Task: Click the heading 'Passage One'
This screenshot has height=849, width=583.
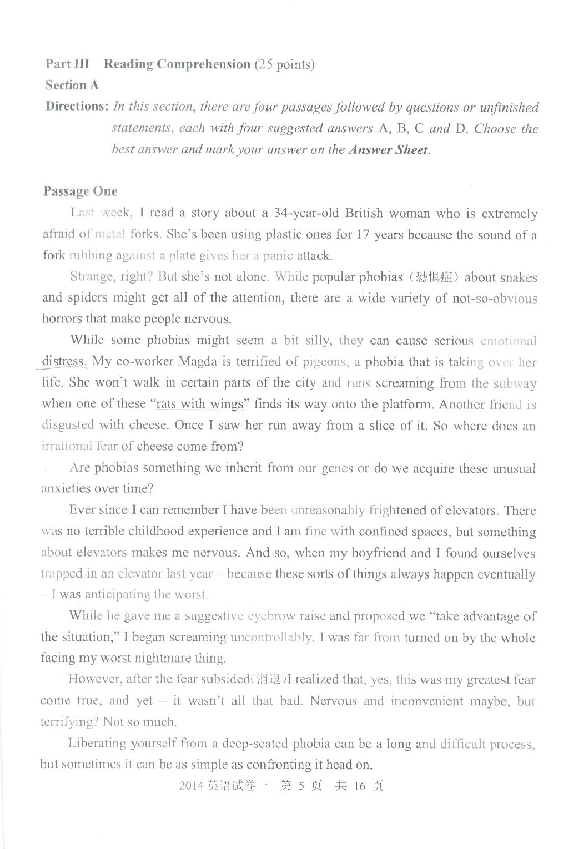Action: pos(81,191)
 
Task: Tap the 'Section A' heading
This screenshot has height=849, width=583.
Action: pos(72,85)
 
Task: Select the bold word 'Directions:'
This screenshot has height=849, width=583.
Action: pos(76,106)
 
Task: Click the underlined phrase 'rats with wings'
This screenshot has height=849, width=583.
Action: pos(200,404)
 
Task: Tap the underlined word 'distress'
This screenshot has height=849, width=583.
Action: pos(64,362)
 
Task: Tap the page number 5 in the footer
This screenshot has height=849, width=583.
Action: pos(301,786)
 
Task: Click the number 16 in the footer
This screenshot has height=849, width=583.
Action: pos(359,786)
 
